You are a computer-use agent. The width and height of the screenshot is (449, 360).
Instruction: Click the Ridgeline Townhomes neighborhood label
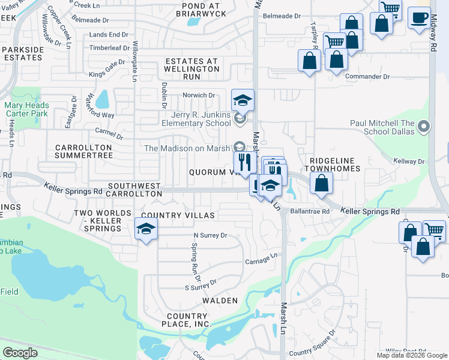335,164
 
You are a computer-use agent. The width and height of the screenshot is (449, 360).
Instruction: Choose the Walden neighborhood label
220,300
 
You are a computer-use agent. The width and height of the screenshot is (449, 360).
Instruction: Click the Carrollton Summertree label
83,151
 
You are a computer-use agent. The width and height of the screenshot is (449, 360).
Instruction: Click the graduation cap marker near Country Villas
145,229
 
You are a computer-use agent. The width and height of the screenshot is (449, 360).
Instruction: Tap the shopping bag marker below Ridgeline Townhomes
322,182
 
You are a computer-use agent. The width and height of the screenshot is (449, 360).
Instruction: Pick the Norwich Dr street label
199,95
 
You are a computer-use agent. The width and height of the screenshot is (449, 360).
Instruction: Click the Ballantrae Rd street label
310,211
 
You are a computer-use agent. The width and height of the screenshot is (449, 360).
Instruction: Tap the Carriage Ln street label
261,259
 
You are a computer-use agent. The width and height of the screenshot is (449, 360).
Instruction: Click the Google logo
20,352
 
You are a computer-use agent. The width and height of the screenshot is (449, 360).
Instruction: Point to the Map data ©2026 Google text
411,355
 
